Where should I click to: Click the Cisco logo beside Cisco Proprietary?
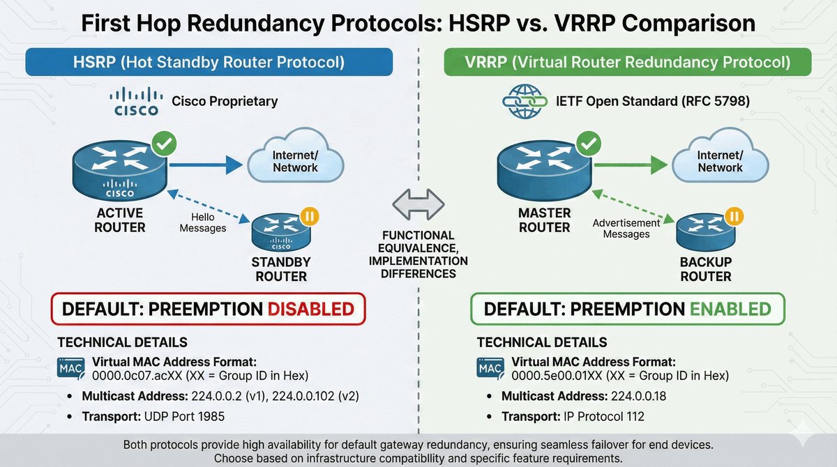pyautogui.click(x=136, y=102)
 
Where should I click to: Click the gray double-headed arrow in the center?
pyautogui.click(x=418, y=205)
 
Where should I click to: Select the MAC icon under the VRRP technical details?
pyautogui.click(x=491, y=367)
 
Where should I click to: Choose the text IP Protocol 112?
pyautogui.click(x=604, y=417)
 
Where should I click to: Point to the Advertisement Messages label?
pyautogui.click(x=626, y=228)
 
